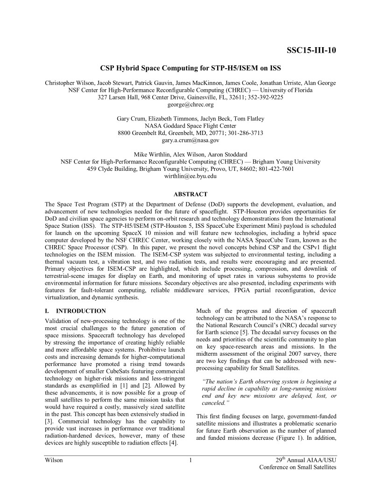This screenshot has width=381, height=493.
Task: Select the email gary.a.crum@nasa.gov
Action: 190,140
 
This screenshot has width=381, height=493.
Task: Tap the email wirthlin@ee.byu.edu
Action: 190,176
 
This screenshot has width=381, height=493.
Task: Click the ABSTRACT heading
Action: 190,194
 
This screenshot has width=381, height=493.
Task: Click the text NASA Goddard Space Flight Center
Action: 190,126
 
